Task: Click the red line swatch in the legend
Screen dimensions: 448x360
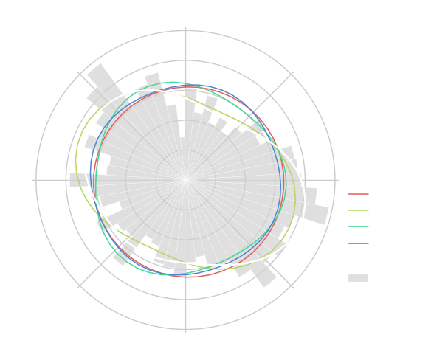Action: click(358, 194)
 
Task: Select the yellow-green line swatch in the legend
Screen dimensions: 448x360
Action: click(358, 210)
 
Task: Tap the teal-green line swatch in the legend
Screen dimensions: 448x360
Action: click(358, 226)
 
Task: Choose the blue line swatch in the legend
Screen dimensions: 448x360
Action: click(358, 243)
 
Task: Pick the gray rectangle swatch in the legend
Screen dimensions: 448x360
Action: click(358, 278)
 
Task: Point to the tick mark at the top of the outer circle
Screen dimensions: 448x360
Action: click(185, 30)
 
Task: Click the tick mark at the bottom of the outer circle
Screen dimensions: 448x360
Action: click(185, 328)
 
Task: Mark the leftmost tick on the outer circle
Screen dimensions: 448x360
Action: click(36, 179)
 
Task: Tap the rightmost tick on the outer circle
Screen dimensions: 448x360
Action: click(334, 179)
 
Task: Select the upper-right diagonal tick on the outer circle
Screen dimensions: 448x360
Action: click(291, 74)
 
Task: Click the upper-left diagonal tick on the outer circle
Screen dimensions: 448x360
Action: click(80, 74)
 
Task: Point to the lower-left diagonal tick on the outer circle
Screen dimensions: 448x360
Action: click(80, 285)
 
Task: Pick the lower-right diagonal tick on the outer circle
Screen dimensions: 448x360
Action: click(291, 285)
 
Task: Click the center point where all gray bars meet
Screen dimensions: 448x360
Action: click(185, 179)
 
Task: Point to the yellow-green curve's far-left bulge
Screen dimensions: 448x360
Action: click(76, 159)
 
